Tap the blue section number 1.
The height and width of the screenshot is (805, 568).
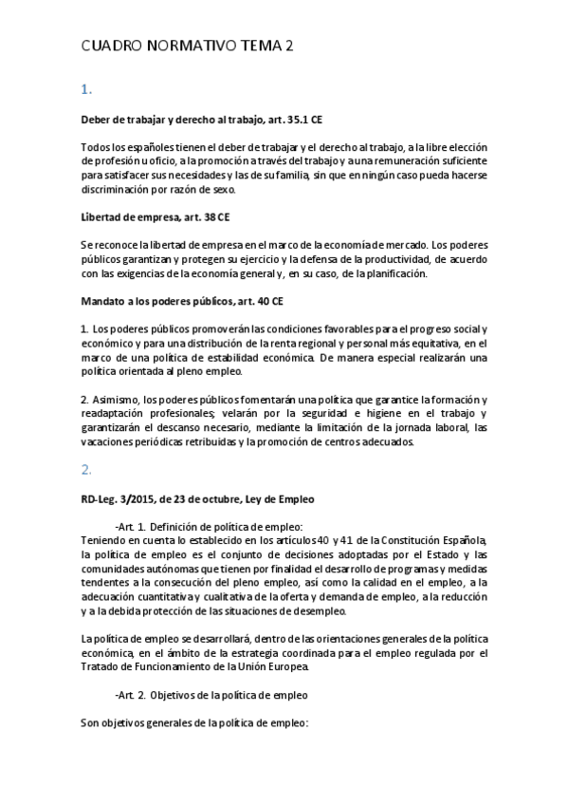86,90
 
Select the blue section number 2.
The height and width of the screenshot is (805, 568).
86,468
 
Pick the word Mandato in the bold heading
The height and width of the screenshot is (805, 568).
102,302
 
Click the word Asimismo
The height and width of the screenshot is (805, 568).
115,399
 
